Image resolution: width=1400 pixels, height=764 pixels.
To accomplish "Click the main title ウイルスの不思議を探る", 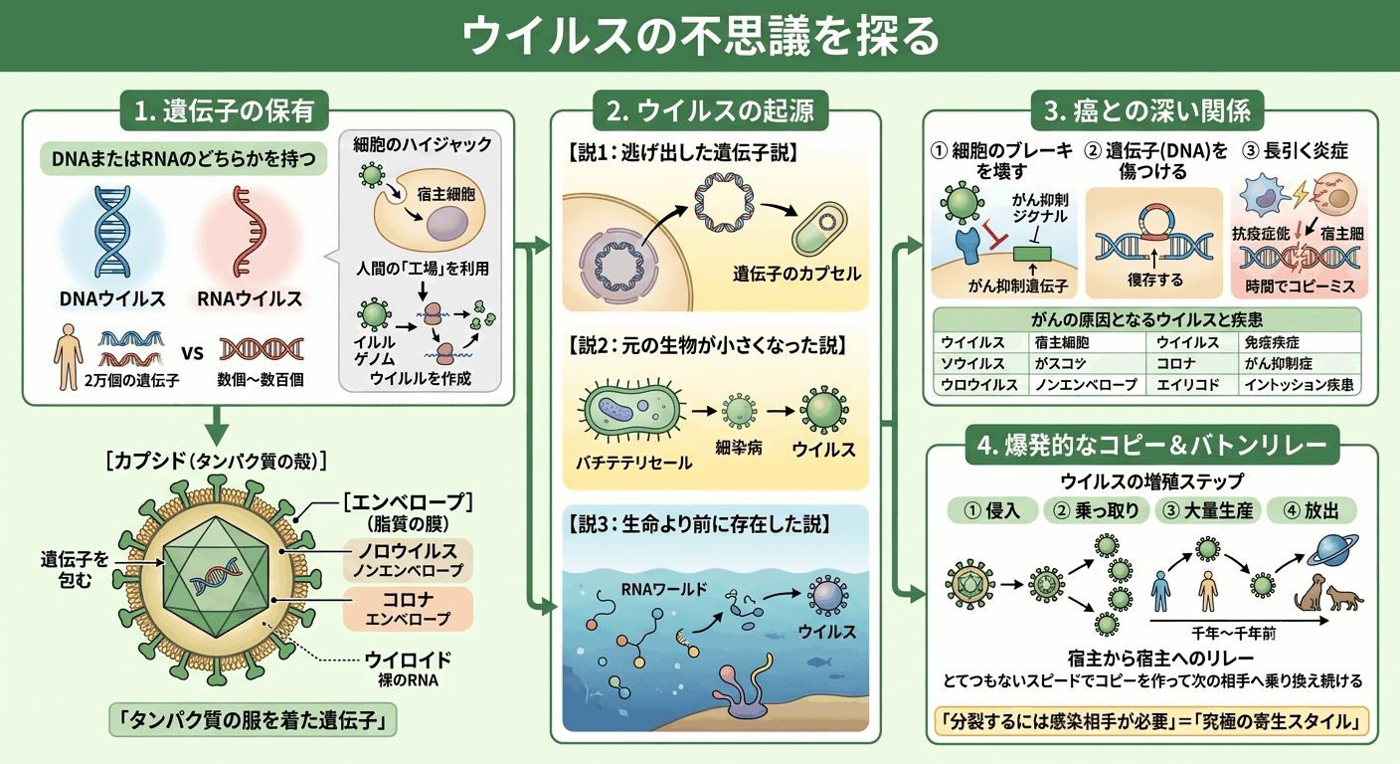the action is tap(700, 35).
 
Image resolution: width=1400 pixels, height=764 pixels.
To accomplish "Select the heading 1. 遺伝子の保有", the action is tap(224, 110).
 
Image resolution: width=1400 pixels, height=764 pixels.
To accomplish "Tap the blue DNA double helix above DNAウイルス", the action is tap(112, 232).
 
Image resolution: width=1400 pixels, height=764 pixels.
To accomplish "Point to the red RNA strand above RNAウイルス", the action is tap(250, 232).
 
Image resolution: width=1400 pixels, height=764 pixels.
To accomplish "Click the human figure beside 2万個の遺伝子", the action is tap(68, 356).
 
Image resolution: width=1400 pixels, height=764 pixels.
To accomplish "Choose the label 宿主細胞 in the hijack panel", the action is tap(446, 194).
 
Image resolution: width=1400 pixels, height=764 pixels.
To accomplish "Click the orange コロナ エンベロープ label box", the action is tap(408, 609).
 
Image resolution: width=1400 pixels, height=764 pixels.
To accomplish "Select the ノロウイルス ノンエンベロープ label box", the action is tap(408, 559).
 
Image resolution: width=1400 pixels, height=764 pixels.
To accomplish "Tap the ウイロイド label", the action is tap(408, 660).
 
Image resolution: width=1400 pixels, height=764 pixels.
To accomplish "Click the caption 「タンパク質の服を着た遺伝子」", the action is tap(254, 720).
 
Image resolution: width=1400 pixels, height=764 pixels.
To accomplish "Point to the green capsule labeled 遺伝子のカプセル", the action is tap(819, 228).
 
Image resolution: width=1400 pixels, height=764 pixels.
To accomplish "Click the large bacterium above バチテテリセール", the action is tap(631, 410).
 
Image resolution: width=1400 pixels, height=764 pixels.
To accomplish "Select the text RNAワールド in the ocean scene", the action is tap(664, 589).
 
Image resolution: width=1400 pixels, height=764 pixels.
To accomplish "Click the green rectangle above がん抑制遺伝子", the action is tap(1032, 254).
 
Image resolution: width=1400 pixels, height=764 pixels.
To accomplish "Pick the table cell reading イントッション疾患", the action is tap(1299, 385).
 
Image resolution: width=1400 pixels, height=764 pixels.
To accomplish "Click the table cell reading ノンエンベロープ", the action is tap(1086, 385).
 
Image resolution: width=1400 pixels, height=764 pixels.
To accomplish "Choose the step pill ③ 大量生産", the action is tap(1207, 510).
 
